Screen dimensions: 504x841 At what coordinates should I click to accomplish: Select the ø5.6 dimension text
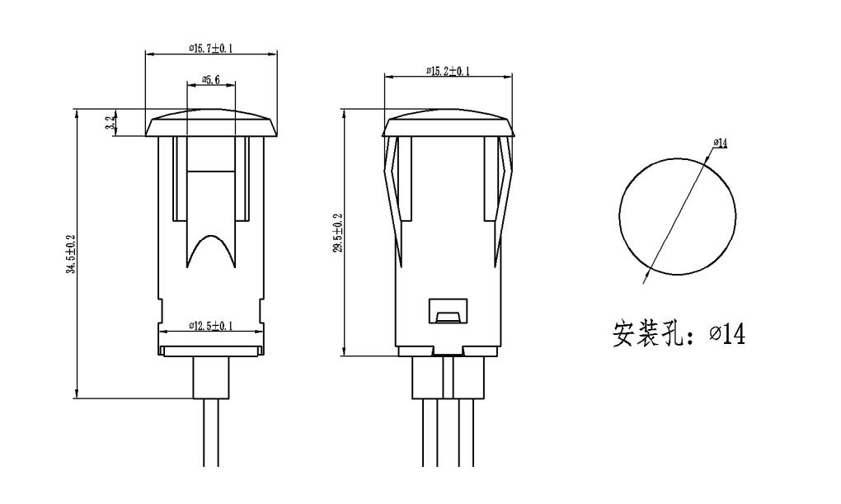(x=211, y=80)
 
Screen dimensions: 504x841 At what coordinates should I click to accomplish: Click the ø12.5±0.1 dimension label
(x=210, y=327)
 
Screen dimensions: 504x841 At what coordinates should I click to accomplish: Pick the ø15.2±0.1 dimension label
(x=448, y=72)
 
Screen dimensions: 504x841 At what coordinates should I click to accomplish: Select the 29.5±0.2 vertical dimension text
(x=338, y=233)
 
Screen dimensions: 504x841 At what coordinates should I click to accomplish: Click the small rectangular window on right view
(x=447, y=312)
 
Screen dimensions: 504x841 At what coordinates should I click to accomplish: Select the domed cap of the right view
(x=449, y=124)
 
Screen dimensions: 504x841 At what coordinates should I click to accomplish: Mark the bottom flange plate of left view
(x=211, y=351)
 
